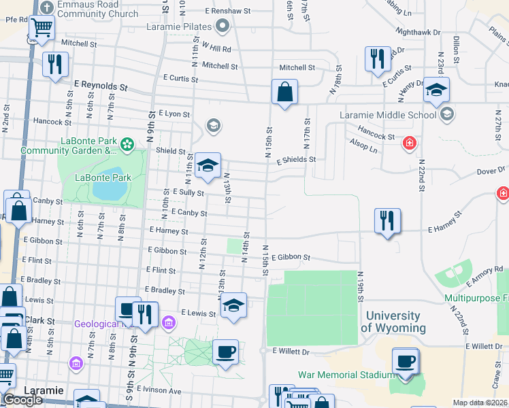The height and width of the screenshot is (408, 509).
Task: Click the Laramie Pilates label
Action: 179,27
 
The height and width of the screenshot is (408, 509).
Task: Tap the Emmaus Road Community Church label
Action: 97,9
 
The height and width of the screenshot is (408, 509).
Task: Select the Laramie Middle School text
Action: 388,114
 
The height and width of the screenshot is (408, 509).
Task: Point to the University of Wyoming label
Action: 393,322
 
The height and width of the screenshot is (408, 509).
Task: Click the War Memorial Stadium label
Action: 346,375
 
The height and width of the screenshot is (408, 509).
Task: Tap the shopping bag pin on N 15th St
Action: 284,92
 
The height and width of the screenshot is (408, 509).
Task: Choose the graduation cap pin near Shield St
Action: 208,166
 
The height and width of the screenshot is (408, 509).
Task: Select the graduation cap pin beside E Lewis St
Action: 233,305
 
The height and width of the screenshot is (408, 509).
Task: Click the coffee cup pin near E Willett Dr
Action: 225,352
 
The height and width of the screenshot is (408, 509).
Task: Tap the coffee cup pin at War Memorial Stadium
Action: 406,361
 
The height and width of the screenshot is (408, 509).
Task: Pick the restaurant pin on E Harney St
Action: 387,221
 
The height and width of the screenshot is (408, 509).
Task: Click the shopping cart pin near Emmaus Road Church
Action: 42,28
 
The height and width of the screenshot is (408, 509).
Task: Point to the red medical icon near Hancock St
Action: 409,143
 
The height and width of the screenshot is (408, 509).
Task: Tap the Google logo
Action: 22,401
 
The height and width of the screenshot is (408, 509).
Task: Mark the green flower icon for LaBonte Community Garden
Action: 126,144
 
